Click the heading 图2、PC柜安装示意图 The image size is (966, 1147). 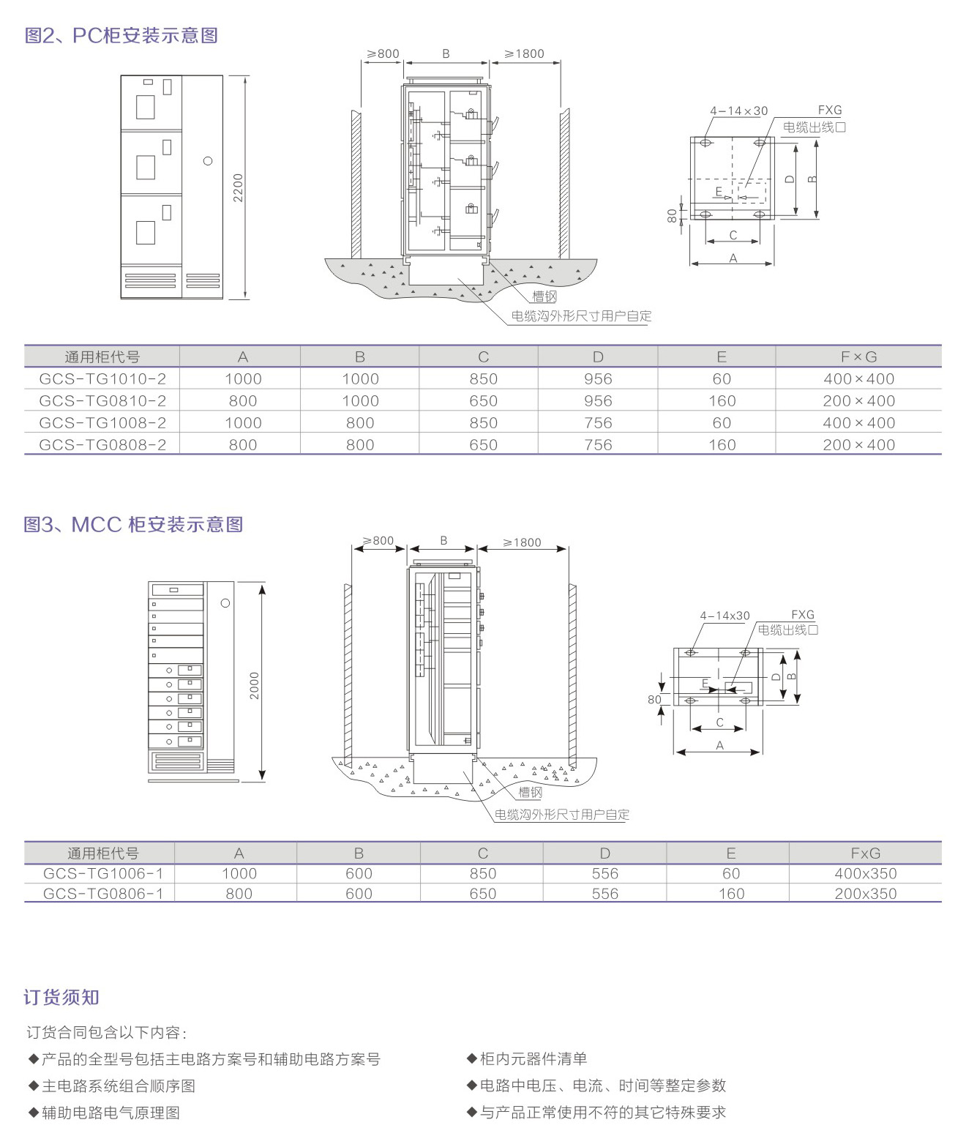click(121, 36)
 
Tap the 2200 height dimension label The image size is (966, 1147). click(238, 188)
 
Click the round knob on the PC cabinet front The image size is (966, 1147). click(208, 161)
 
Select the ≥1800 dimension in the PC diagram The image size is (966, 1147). click(524, 54)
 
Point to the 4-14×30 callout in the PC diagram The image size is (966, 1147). click(738, 111)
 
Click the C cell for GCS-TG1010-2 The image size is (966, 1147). click(483, 378)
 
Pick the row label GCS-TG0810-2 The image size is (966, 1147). click(102, 400)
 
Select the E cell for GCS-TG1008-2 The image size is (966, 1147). click(722, 422)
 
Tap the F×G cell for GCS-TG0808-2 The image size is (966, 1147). click(859, 444)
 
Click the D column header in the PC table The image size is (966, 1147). click(598, 356)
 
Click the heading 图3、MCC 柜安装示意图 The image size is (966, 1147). click(133, 525)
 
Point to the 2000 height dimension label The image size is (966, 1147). click(254, 686)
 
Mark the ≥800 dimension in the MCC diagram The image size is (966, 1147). click(378, 540)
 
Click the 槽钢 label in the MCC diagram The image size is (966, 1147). click(530, 792)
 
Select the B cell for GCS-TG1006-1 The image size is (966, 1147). click(359, 873)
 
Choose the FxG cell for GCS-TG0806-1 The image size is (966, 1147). click(866, 894)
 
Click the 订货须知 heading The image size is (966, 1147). click(61, 997)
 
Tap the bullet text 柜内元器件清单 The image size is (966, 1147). click(533, 1058)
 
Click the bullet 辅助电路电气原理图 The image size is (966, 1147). click(111, 1113)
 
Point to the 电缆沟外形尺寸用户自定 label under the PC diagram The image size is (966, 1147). click(581, 316)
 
